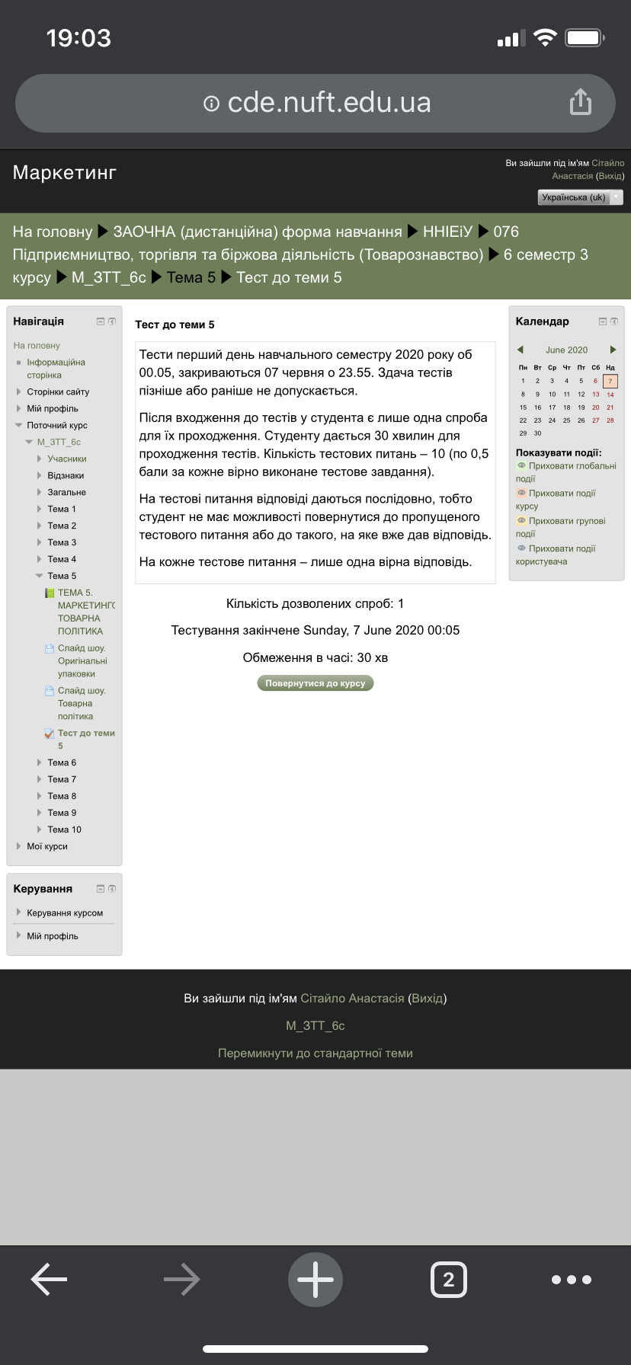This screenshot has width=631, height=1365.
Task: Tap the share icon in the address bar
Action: (x=581, y=102)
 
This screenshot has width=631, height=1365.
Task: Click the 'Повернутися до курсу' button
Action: (x=315, y=683)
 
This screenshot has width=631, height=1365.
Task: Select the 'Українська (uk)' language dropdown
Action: (x=580, y=197)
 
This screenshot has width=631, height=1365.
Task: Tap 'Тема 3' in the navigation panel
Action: (x=62, y=542)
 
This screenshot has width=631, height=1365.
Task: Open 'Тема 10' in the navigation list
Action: (x=64, y=830)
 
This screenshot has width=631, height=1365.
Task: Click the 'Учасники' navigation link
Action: (x=67, y=459)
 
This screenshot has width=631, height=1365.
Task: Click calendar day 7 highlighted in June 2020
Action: (x=610, y=381)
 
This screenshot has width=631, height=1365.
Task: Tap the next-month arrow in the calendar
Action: (x=613, y=350)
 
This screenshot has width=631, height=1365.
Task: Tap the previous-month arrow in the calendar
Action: (x=520, y=350)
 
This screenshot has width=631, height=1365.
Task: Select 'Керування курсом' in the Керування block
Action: (x=65, y=913)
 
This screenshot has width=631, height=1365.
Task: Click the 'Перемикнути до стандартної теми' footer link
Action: (x=315, y=1053)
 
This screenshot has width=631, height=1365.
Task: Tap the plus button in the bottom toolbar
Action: (x=315, y=1280)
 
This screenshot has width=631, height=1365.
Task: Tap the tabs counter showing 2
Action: (x=449, y=1280)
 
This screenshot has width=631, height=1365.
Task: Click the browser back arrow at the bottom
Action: (x=49, y=1280)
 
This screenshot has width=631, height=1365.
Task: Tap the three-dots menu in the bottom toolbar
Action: (x=572, y=1280)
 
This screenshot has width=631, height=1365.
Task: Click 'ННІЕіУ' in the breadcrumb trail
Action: (x=447, y=232)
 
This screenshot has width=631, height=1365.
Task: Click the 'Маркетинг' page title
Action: (x=65, y=173)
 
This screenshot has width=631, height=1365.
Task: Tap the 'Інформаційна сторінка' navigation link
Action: (x=56, y=369)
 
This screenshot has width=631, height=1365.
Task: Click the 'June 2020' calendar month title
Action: (x=566, y=350)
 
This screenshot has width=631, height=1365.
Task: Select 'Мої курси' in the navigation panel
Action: (x=47, y=846)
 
